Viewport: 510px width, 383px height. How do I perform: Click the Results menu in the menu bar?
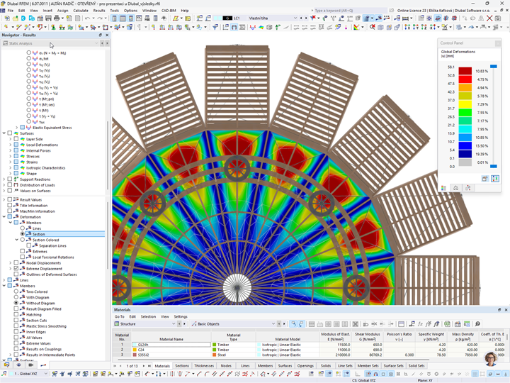pos(99,11)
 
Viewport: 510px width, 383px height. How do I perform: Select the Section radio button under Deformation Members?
pos(23,234)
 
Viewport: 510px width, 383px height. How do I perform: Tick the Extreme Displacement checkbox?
pos(16,269)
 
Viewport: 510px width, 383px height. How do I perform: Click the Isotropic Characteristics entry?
pos(45,168)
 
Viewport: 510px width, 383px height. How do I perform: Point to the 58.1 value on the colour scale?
pos(450,67)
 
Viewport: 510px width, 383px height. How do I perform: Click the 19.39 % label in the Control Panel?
pos(482,154)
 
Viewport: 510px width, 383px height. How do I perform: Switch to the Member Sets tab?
pos(368,366)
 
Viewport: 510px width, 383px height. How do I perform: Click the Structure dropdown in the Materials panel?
pos(146,324)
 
